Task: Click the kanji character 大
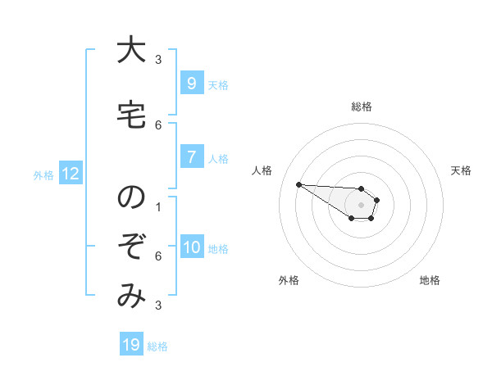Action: point(131,51)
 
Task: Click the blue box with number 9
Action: point(191,84)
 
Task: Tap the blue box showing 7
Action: point(191,158)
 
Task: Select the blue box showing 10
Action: point(191,248)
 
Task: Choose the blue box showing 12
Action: point(70,174)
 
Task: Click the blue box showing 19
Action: point(131,345)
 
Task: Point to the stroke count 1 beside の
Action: point(158,207)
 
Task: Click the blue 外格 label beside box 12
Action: point(43,174)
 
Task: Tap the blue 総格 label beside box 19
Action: point(157,346)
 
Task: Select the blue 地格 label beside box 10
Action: point(218,249)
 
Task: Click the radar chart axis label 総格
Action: point(362,106)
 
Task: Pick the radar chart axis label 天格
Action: point(462,170)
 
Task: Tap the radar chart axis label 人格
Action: point(262,170)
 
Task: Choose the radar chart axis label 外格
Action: point(289,280)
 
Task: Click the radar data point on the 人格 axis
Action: point(298,184)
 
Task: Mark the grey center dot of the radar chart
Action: point(362,205)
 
